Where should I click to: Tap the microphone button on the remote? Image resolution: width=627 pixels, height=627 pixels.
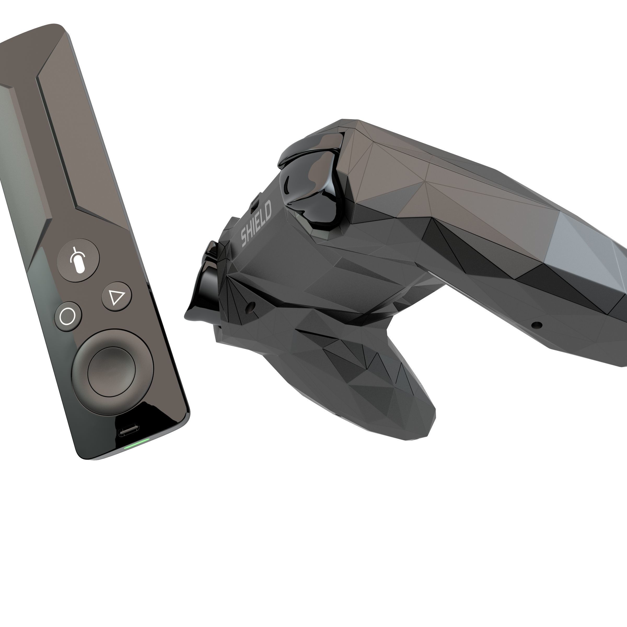pos(78,260)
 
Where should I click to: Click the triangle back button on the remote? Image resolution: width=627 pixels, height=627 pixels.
pos(117,296)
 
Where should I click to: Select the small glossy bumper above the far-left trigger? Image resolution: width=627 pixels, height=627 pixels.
pos(213,250)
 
